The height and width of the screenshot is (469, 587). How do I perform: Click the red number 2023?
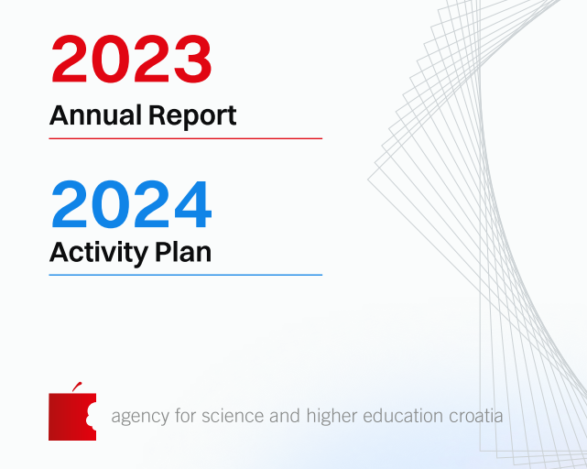pos(131,59)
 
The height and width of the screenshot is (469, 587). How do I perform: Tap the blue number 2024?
pos(131,204)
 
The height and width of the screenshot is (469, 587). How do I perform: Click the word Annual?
pos(95,115)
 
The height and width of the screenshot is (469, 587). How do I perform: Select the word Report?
pos(192,116)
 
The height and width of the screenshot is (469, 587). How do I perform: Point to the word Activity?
pos(99,254)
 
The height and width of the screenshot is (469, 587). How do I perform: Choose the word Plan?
pos(183,252)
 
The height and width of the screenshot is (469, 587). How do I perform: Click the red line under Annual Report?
pos(186,138)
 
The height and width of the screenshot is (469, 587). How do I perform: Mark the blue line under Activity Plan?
pos(186,275)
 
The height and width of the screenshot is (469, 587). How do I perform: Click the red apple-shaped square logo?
pos(72,417)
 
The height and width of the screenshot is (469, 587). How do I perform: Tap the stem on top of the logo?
pos(77,387)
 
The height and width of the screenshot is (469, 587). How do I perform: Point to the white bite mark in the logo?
pos(92,417)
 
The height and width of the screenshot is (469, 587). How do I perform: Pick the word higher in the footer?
pos(332,416)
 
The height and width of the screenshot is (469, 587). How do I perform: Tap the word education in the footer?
pos(403,416)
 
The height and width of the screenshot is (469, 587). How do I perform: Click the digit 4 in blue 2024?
pos(193,204)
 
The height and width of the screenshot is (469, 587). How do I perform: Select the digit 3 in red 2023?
pos(193,59)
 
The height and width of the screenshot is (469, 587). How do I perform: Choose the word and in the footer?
pos(285,416)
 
